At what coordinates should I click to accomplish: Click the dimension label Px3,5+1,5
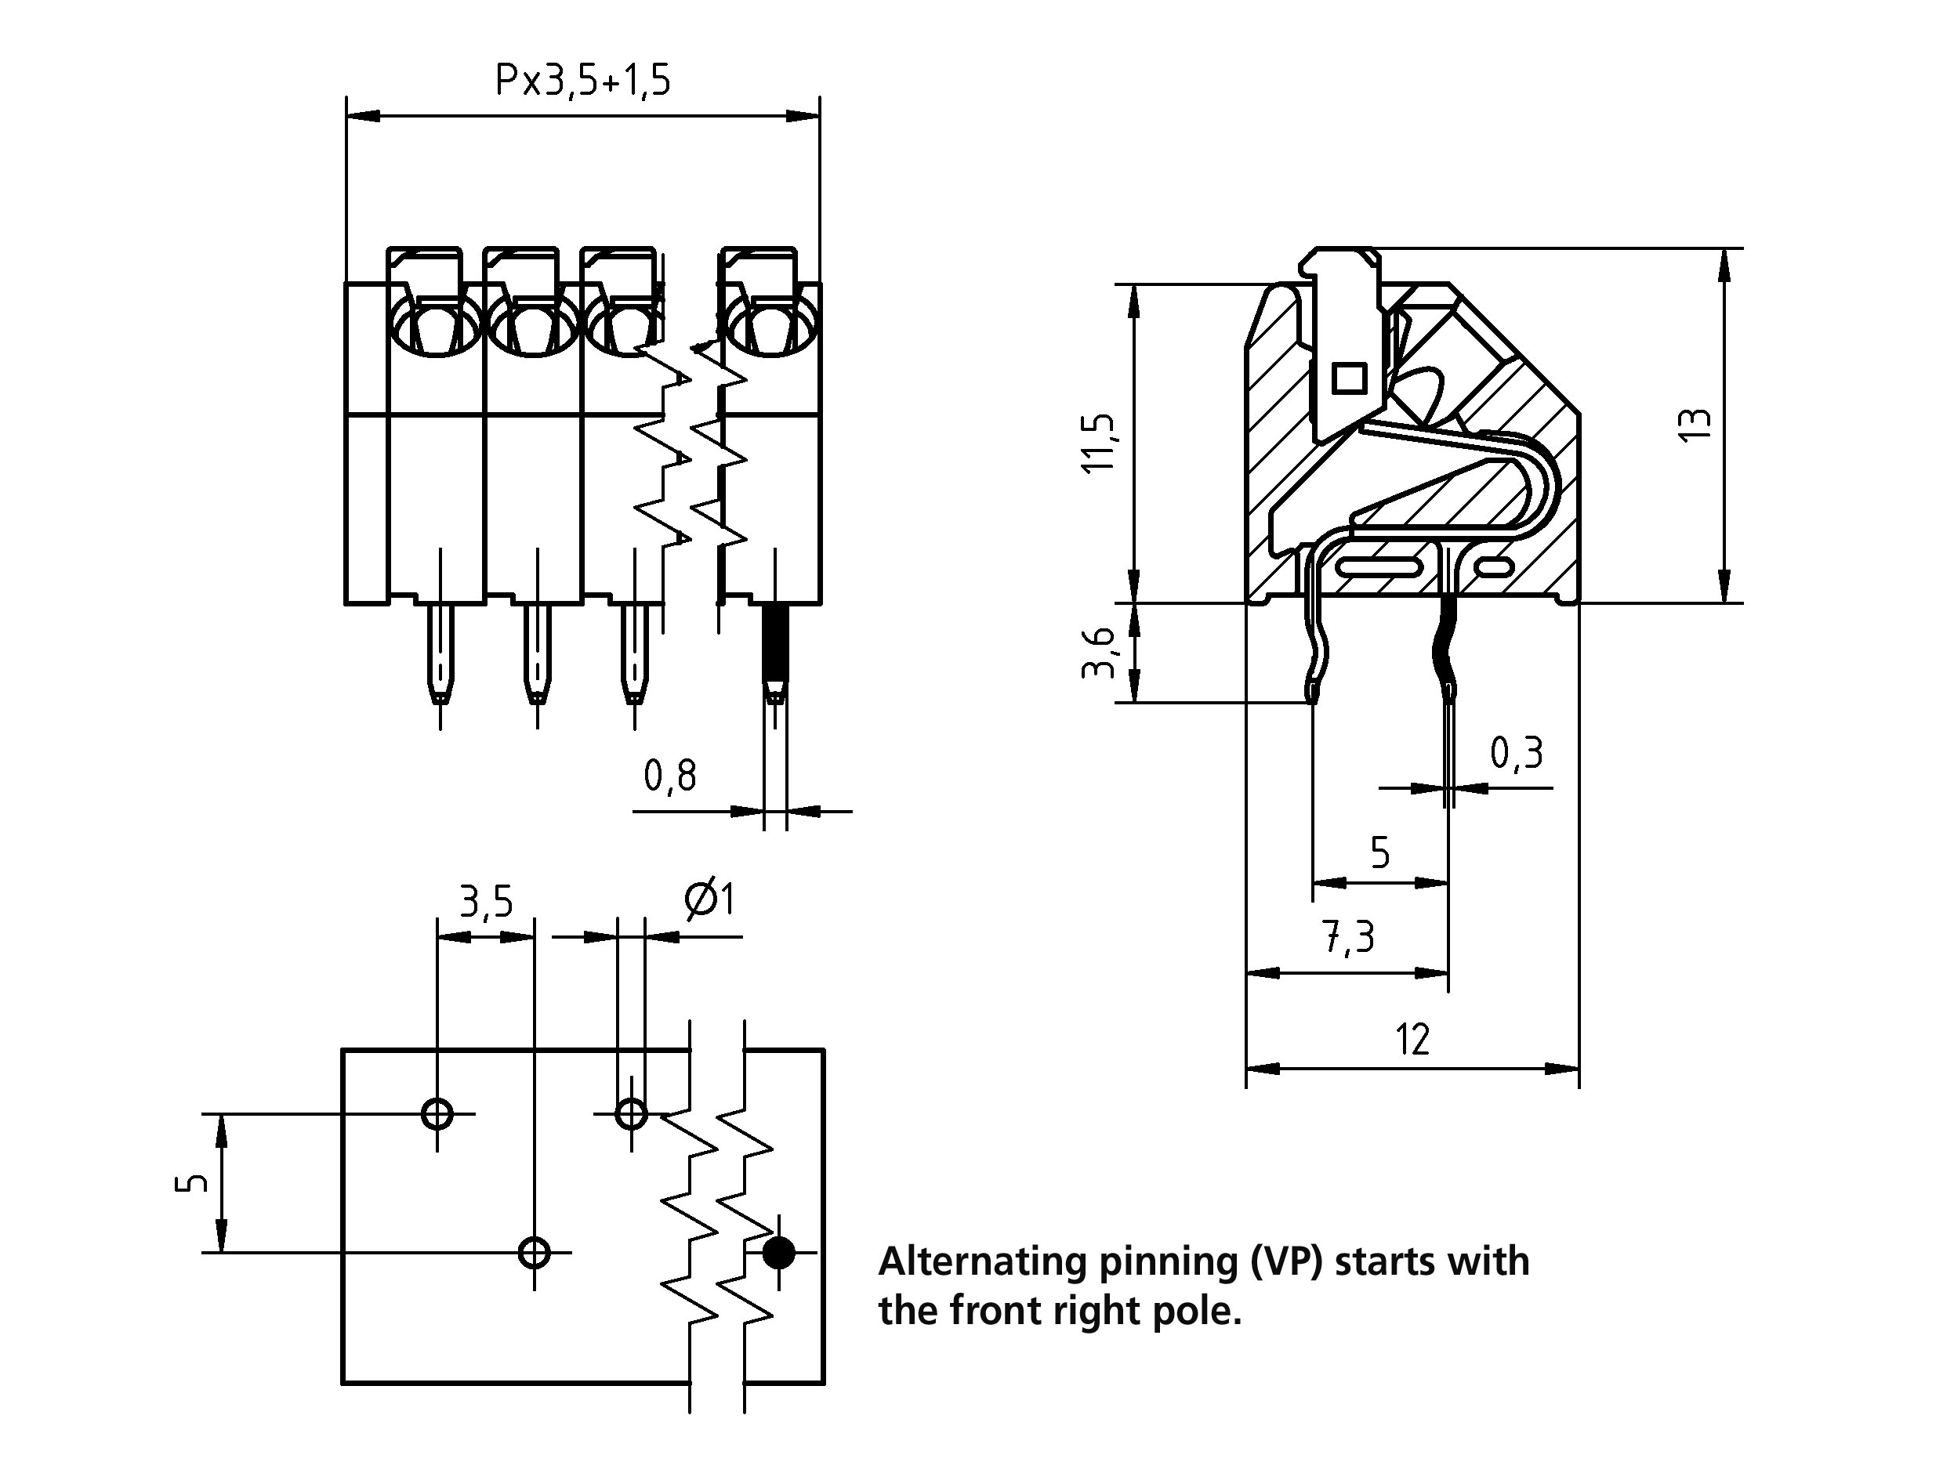coord(582,81)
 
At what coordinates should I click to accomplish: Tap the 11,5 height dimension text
coord(1099,443)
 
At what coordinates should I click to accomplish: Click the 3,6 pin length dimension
coord(1099,653)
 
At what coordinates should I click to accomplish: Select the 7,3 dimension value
coord(1349,938)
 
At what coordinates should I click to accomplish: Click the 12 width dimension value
coord(1412,1040)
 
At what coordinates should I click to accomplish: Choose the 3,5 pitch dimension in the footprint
coord(486,902)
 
